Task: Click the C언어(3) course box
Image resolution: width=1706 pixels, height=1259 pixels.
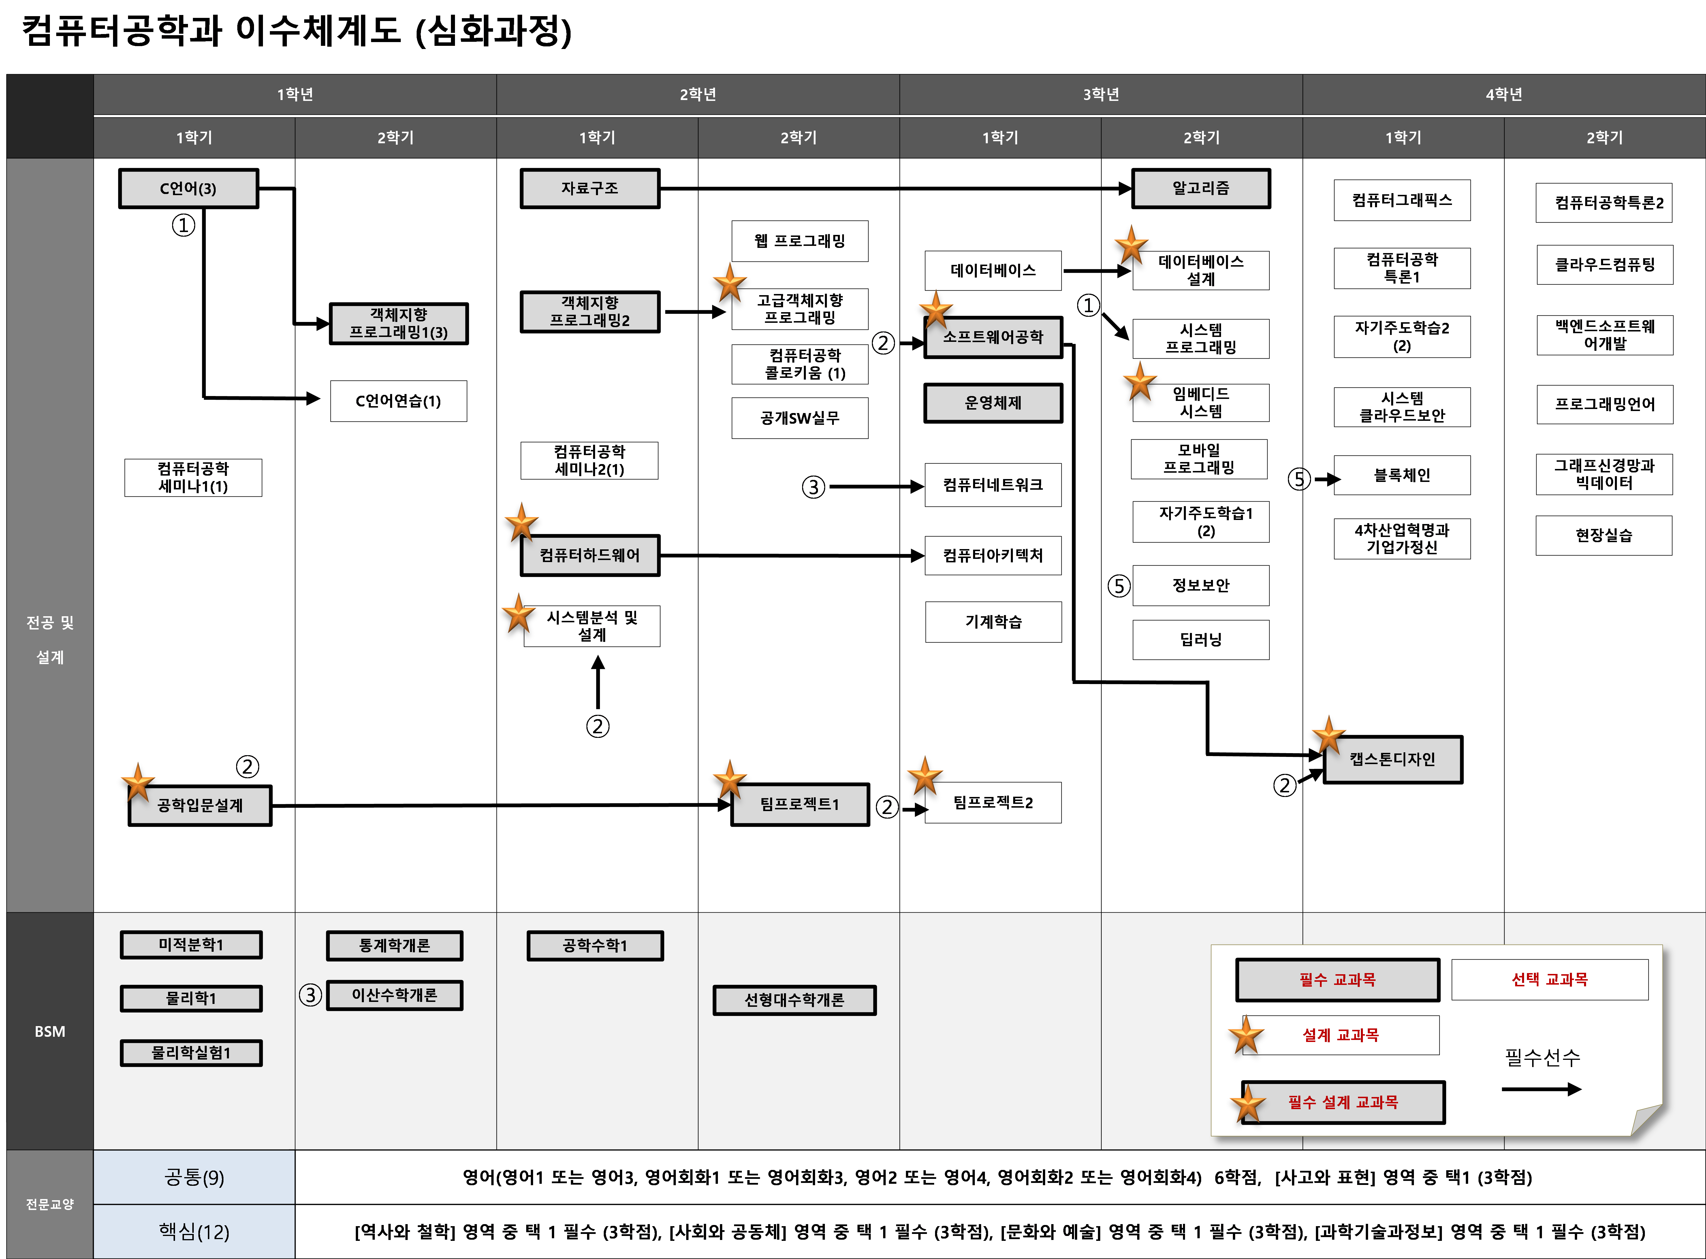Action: tap(188, 188)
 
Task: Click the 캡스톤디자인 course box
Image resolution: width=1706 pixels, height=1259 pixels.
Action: tap(1393, 759)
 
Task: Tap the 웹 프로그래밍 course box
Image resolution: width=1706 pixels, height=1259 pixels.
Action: tap(800, 241)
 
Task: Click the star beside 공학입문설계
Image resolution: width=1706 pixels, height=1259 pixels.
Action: tap(138, 782)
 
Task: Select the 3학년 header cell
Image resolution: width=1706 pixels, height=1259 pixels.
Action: tap(1101, 95)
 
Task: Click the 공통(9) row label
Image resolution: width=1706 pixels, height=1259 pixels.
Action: tap(194, 1177)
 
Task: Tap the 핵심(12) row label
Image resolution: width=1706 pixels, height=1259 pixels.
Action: tap(194, 1232)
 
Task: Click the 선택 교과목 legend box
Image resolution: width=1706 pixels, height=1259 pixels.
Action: tap(1550, 979)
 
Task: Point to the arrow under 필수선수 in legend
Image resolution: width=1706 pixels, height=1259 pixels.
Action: tap(1541, 1089)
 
